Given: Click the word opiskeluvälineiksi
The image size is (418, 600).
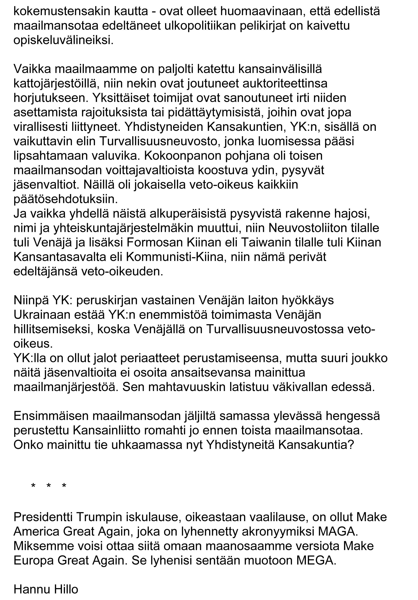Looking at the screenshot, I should point(63,41).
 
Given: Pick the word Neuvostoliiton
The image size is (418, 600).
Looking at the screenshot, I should point(305,228).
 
